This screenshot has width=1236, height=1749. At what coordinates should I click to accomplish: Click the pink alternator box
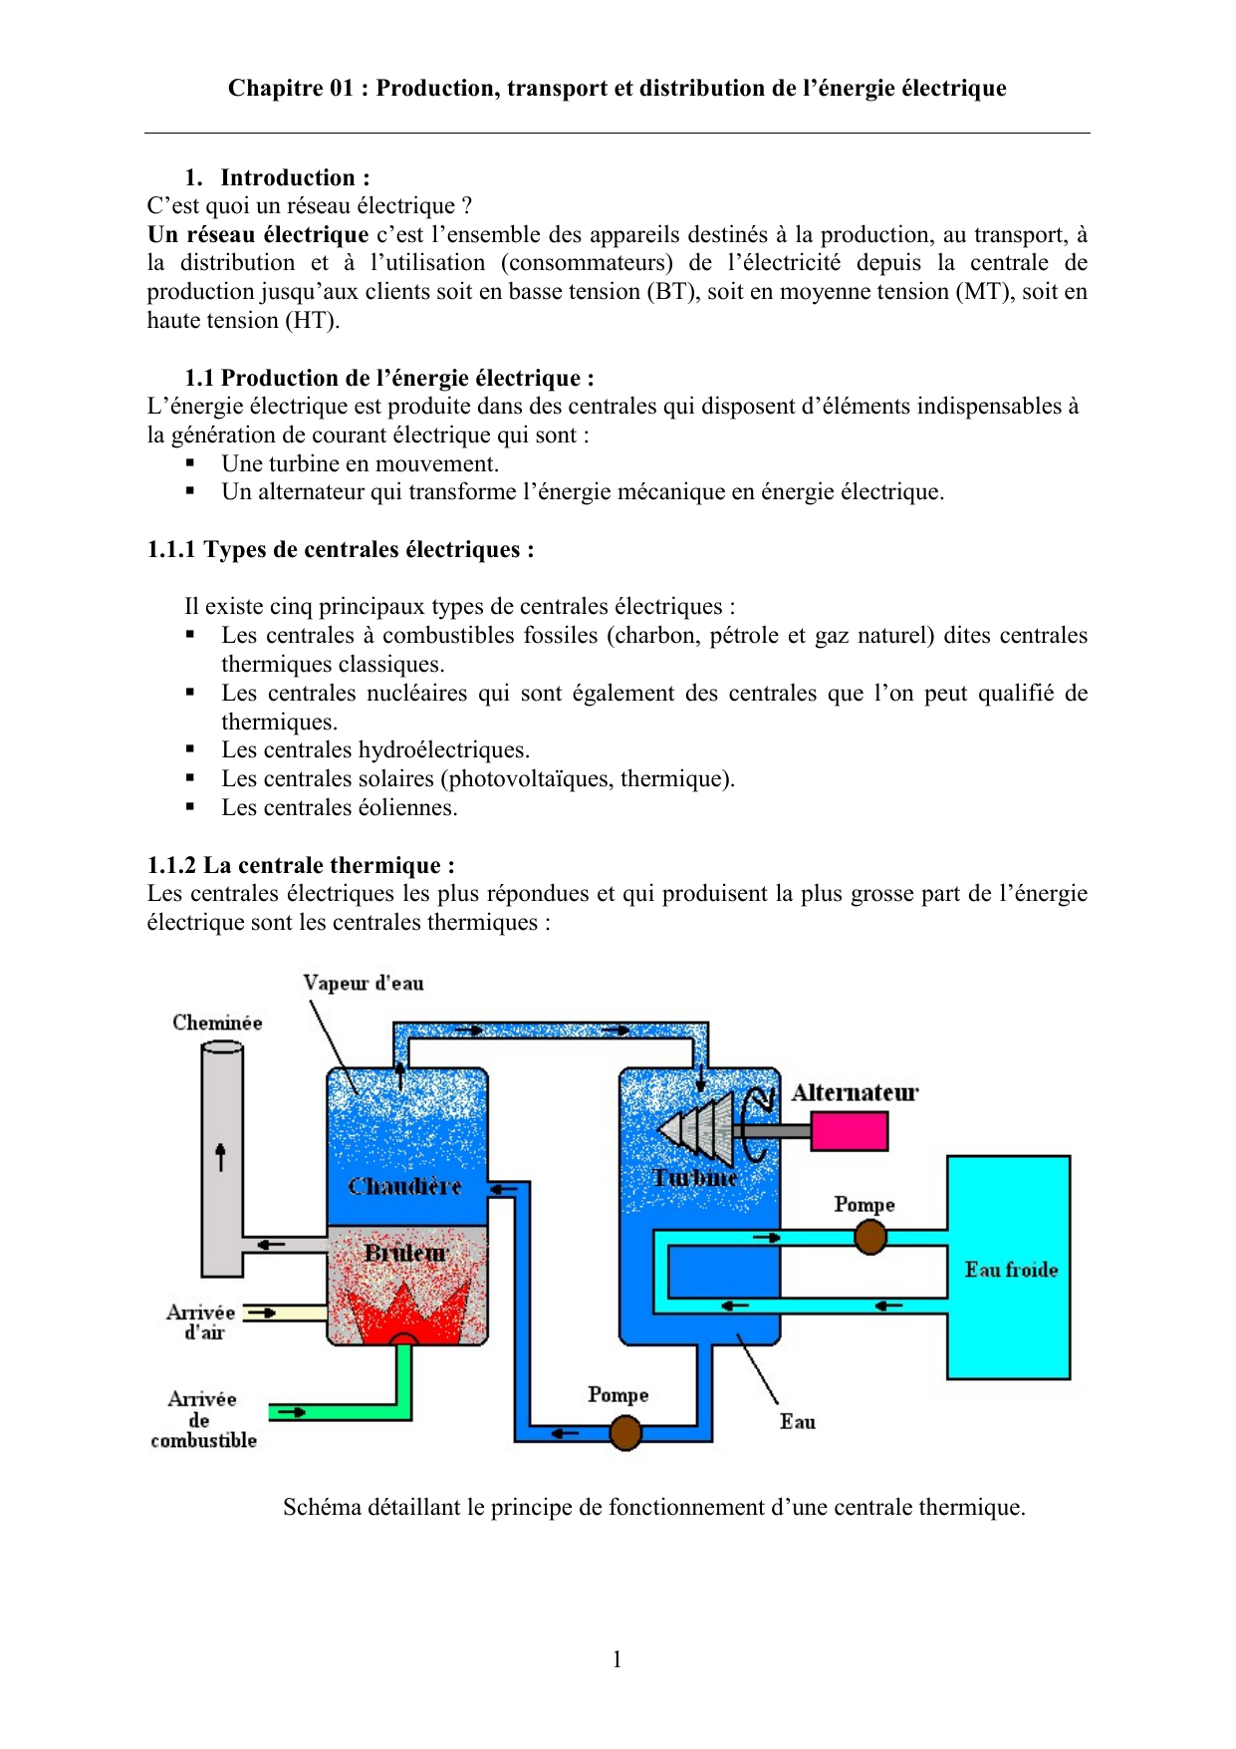[849, 1131]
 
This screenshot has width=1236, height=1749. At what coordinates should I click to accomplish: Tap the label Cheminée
[217, 1022]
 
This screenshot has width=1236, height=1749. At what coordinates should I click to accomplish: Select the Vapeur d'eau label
[364, 983]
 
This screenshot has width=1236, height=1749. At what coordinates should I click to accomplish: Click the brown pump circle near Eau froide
[870, 1238]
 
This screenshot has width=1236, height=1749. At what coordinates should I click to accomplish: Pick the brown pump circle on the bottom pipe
[624, 1433]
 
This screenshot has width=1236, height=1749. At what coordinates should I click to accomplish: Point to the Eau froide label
[1011, 1270]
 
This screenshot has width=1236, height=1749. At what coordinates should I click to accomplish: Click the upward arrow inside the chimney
[221, 1156]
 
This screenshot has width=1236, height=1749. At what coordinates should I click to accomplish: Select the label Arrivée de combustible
[203, 1419]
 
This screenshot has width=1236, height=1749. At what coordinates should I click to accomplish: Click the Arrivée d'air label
[201, 1321]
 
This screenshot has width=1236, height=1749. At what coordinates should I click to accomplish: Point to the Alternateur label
[855, 1092]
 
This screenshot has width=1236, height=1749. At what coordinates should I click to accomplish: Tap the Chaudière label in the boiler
[404, 1186]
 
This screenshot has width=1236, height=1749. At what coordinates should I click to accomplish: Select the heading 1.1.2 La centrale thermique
[301, 865]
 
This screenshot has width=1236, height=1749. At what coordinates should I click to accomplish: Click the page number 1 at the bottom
[618, 1659]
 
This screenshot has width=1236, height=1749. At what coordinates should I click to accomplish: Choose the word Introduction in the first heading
[288, 177]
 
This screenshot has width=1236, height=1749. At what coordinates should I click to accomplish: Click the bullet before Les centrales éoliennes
[190, 807]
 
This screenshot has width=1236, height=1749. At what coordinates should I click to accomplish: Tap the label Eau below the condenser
[797, 1422]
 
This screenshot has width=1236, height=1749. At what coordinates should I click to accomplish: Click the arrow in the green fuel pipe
[291, 1412]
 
